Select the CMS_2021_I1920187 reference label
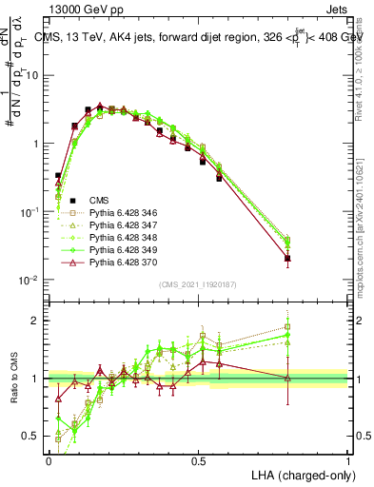(197, 284)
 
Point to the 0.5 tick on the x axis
(198, 459)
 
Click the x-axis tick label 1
(348, 459)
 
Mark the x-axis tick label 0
(49, 459)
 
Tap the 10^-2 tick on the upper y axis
(30, 280)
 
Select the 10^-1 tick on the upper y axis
(30, 212)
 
